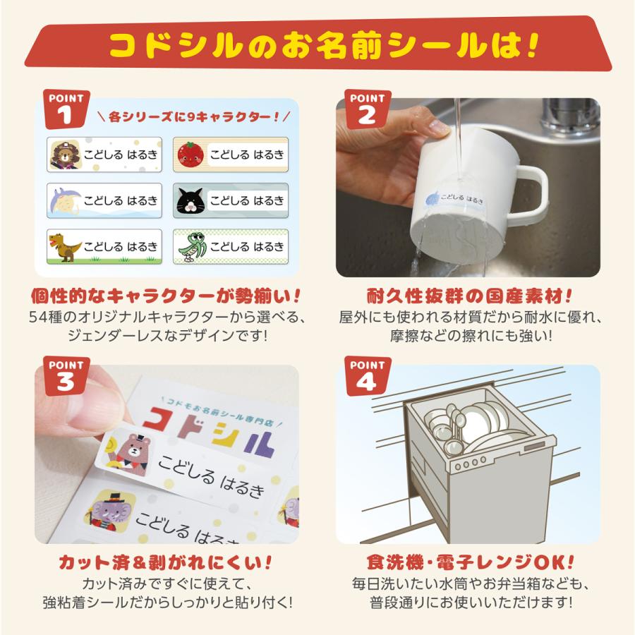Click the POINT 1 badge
point(66,109)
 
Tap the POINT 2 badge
point(368,109)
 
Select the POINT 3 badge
point(66,376)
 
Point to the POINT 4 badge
point(368,376)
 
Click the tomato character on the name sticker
point(190,155)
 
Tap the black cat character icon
point(190,201)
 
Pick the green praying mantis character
point(192,247)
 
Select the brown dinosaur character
point(65,247)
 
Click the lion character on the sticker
point(65,155)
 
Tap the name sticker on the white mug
point(454,198)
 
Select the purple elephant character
point(110,509)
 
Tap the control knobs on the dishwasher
point(470,464)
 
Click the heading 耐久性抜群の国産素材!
point(469,296)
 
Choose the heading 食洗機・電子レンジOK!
point(470,562)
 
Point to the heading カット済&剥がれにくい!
point(165,562)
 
